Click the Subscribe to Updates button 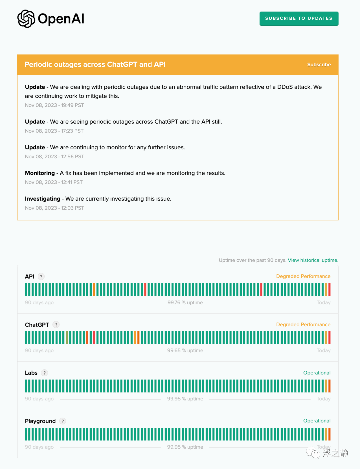299,18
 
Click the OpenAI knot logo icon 26,19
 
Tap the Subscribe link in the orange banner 319,65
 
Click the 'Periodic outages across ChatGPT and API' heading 95,64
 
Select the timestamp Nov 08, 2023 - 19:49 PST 54,105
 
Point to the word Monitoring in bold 40,173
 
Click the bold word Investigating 43,199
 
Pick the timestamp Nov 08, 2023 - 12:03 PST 54,208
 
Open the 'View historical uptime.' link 313,260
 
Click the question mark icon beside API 41,276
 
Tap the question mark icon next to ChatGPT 56,325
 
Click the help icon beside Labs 44,373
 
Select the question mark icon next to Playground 63,421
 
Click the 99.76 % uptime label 185,302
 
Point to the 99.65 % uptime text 185,351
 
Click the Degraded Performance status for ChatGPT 303,324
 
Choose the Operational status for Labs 317,373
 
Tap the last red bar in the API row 329,290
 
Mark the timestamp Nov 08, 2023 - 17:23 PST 54,131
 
